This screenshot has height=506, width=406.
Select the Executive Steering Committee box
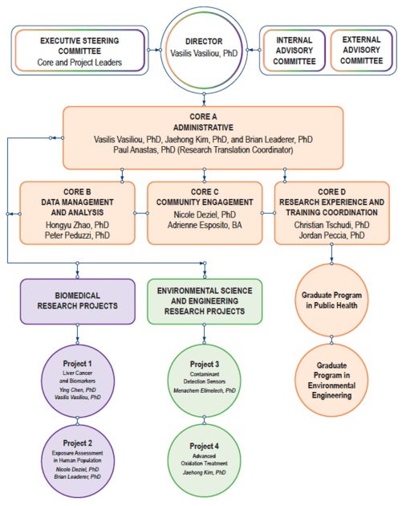tap(80, 50)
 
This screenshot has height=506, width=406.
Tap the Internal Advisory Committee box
tap(294, 50)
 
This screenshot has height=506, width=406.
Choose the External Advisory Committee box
tap(360, 50)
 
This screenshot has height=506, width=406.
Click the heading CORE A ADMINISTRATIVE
tap(203, 121)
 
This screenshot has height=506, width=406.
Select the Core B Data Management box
tap(79, 213)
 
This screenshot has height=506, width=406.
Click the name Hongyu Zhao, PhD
tap(79, 226)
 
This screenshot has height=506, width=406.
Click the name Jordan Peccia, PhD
tap(332, 237)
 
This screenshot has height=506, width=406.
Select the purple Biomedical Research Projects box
tap(76, 300)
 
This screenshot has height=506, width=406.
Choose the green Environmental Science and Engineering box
tap(205, 300)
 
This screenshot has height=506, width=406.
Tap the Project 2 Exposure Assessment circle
tap(77, 460)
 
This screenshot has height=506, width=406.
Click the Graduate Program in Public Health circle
tap(332, 300)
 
